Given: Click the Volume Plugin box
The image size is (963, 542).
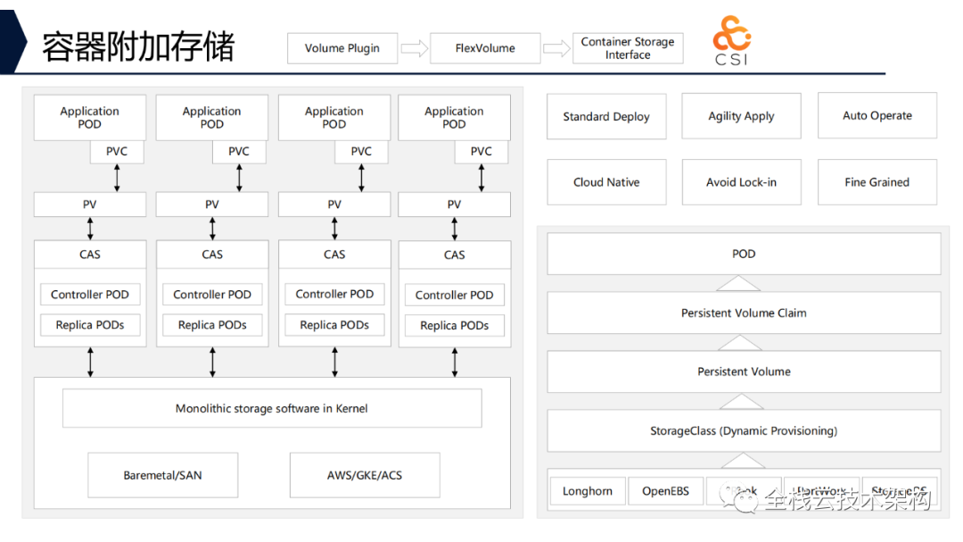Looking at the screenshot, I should tap(342, 48).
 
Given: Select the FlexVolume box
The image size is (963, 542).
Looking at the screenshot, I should tap(485, 48).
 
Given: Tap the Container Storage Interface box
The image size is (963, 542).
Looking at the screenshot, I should tap(628, 48).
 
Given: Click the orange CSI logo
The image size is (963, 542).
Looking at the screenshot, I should tap(731, 39).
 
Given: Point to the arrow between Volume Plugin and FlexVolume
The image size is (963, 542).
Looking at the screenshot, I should tap(414, 48).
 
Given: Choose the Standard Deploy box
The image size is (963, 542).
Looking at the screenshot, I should tap(606, 116).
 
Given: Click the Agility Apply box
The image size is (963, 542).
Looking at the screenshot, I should tap(741, 116).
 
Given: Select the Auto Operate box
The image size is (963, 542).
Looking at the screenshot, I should tap(877, 115).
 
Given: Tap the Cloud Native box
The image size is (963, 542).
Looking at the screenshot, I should tap(606, 182).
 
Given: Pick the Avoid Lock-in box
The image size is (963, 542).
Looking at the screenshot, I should tap(741, 182).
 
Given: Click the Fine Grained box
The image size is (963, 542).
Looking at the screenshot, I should tap(877, 182).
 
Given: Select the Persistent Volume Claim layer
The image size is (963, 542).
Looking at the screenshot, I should tap(744, 313).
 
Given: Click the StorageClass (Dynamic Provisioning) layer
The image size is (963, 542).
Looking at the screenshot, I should tap(744, 431).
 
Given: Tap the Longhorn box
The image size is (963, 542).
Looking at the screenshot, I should tap(588, 491).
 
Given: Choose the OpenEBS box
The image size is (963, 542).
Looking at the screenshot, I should tap(666, 491).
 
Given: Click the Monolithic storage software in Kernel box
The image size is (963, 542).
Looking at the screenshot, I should tap(272, 409).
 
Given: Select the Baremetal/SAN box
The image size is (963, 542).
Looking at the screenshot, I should tap(163, 475).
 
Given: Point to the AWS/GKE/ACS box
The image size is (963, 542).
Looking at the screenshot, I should tap(365, 475).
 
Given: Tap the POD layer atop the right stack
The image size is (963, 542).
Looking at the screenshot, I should tap(744, 254).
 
